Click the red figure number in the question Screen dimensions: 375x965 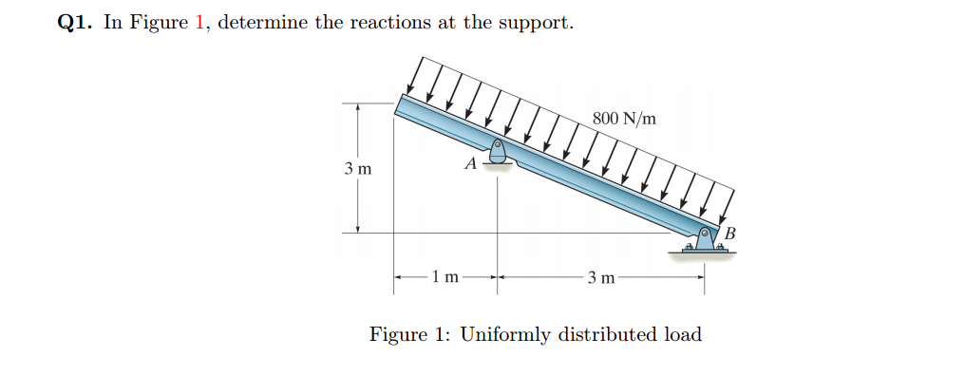tap(199, 22)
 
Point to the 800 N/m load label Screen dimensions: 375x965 tap(623, 119)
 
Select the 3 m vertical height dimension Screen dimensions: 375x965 tap(358, 169)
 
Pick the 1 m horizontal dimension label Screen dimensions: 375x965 tap(445, 277)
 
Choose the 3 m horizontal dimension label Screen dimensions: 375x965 tap(601, 277)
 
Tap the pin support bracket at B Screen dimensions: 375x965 tap(704, 241)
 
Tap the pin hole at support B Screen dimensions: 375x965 tap(706, 232)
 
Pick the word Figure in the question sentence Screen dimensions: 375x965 tap(161, 22)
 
